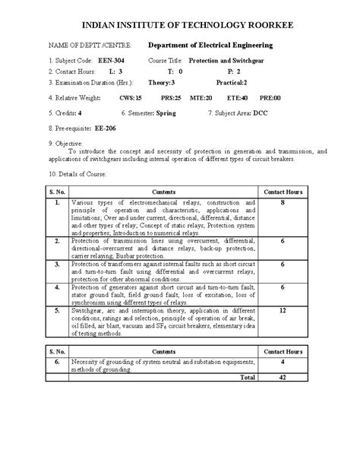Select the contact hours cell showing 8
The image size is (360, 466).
tap(282, 204)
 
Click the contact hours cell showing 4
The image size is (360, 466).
tap(282, 362)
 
